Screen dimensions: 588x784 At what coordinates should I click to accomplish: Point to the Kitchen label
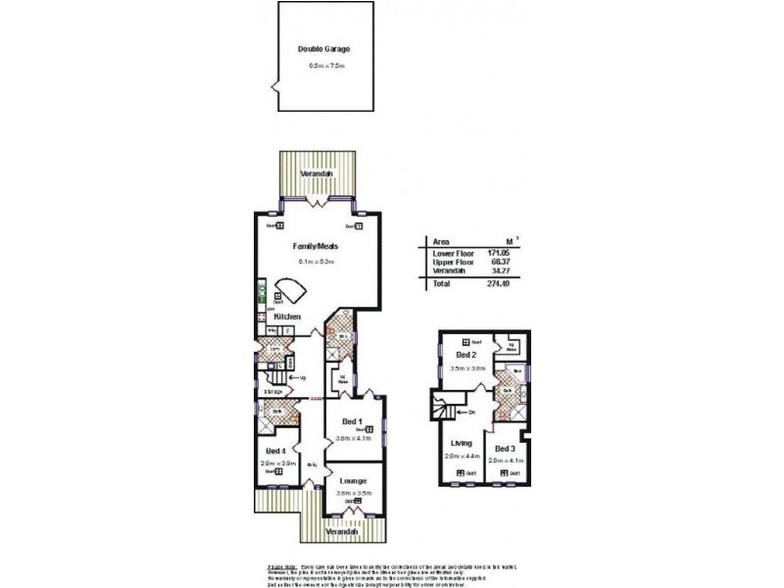(286, 317)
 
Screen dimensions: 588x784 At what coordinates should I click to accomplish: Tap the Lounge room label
(353, 481)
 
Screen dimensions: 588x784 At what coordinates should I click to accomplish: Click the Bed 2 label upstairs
(465, 355)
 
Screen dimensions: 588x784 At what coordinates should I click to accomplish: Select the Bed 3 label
(506, 447)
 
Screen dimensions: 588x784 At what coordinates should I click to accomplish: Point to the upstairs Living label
(462, 443)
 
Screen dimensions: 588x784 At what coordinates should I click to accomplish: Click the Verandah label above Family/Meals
(315, 173)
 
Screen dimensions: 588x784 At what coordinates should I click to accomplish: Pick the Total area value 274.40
(501, 284)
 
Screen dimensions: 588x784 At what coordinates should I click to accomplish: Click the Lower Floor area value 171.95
(501, 253)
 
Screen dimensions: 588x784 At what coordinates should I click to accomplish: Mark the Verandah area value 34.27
(501, 270)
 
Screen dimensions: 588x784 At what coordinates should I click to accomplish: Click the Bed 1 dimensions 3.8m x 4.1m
(353, 440)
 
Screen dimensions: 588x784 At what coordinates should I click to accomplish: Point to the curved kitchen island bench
(290, 291)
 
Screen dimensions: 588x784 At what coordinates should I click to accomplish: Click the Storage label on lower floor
(271, 391)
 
